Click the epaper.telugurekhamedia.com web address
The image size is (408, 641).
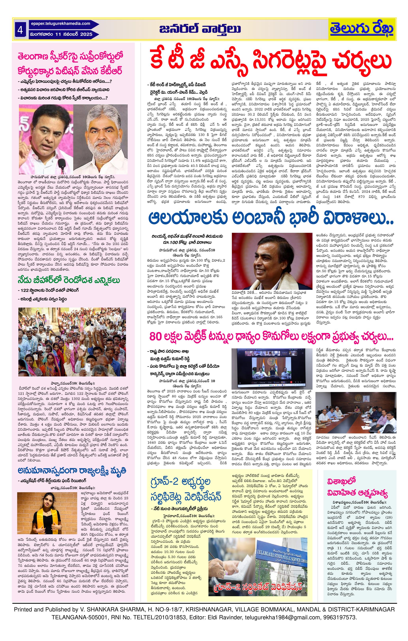click(61, 24)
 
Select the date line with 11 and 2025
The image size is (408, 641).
click(61, 34)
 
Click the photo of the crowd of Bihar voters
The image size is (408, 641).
click(72, 342)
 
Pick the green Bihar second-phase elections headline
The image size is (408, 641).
click(69, 280)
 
